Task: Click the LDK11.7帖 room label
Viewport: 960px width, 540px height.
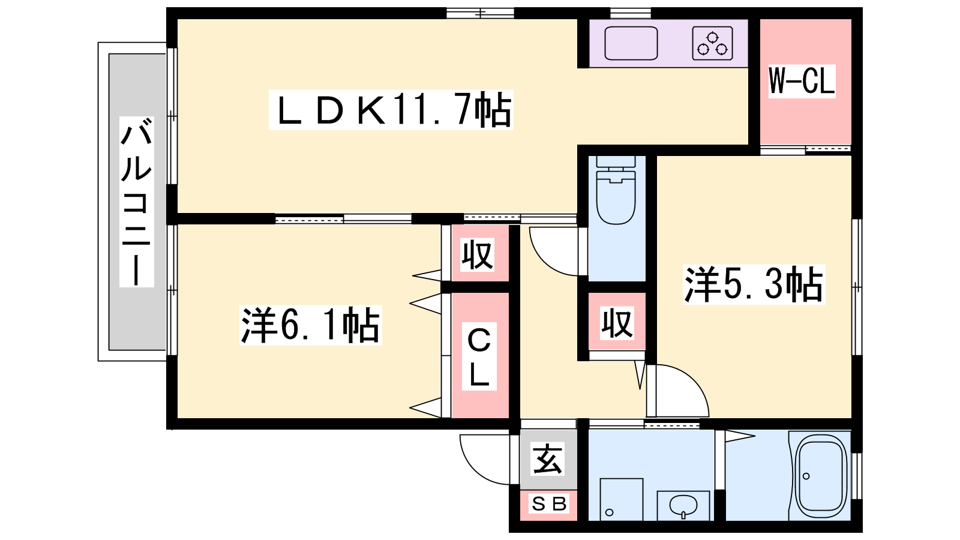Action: coord(391,110)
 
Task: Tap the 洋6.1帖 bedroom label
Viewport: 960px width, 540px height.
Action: coord(310,325)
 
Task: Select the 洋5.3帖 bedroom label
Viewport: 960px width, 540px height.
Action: coord(754,284)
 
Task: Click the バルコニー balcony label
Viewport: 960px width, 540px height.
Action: coord(137,202)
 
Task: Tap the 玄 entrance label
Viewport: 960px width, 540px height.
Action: coord(548,460)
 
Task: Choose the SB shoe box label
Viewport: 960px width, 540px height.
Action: coord(548,505)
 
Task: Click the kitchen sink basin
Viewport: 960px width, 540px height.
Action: coord(631,43)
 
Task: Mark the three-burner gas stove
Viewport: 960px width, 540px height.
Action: coord(712,43)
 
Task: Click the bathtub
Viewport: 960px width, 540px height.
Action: coord(820,476)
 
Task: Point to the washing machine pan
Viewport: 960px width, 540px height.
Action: coord(621,499)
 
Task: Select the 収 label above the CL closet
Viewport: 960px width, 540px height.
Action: coord(478,254)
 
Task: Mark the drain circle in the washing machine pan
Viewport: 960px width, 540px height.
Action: coord(609,512)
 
